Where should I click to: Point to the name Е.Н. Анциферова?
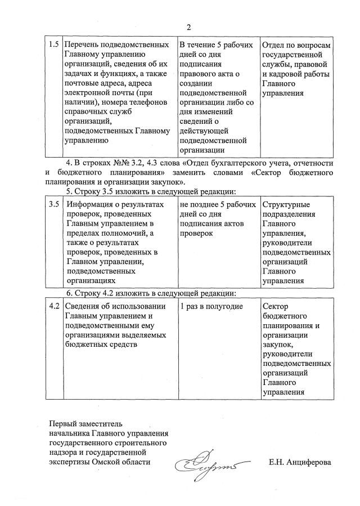(x=300, y=462)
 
